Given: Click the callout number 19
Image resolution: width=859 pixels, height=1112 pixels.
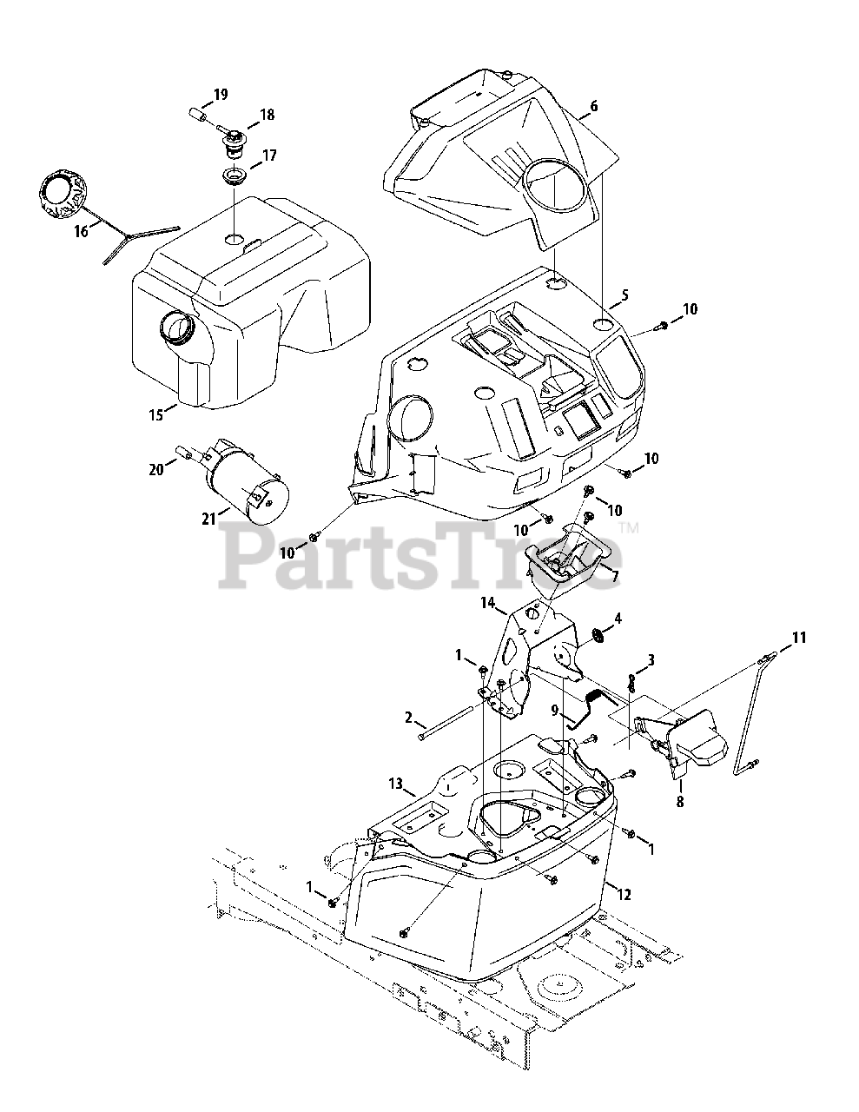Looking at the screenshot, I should tap(220, 94).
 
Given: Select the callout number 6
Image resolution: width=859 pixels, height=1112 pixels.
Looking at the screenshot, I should tap(593, 106).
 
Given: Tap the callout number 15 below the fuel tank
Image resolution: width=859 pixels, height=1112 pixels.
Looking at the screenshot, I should tap(155, 415).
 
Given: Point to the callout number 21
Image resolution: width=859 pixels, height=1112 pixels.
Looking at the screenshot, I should tap(208, 520).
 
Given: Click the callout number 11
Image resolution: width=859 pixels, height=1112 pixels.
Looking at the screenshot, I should tap(798, 638).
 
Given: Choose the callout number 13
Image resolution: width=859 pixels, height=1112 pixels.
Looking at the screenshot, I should tap(396, 784).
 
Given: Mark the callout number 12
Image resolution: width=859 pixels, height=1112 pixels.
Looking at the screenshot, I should tap(626, 892).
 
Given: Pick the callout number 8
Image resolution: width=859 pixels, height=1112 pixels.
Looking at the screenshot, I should tap(679, 802).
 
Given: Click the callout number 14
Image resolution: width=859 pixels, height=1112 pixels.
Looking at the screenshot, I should tap(487, 602).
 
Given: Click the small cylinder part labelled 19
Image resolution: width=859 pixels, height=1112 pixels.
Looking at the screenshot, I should tap(197, 114).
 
